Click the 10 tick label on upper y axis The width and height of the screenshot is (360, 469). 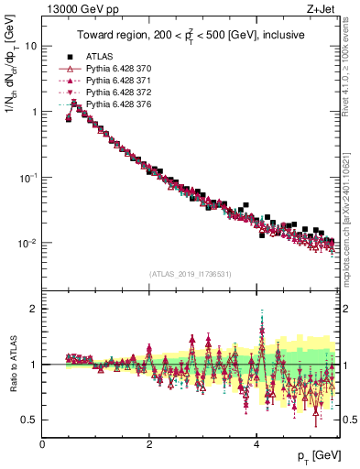31,46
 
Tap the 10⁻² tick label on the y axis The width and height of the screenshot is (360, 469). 27,244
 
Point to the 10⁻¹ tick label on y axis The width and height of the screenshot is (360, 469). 27,178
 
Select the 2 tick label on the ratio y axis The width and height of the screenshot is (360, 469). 33,309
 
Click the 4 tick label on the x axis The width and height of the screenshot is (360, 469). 256,444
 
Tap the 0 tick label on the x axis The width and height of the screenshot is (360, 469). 43,444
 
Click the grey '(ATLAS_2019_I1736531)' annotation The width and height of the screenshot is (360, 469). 189,274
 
